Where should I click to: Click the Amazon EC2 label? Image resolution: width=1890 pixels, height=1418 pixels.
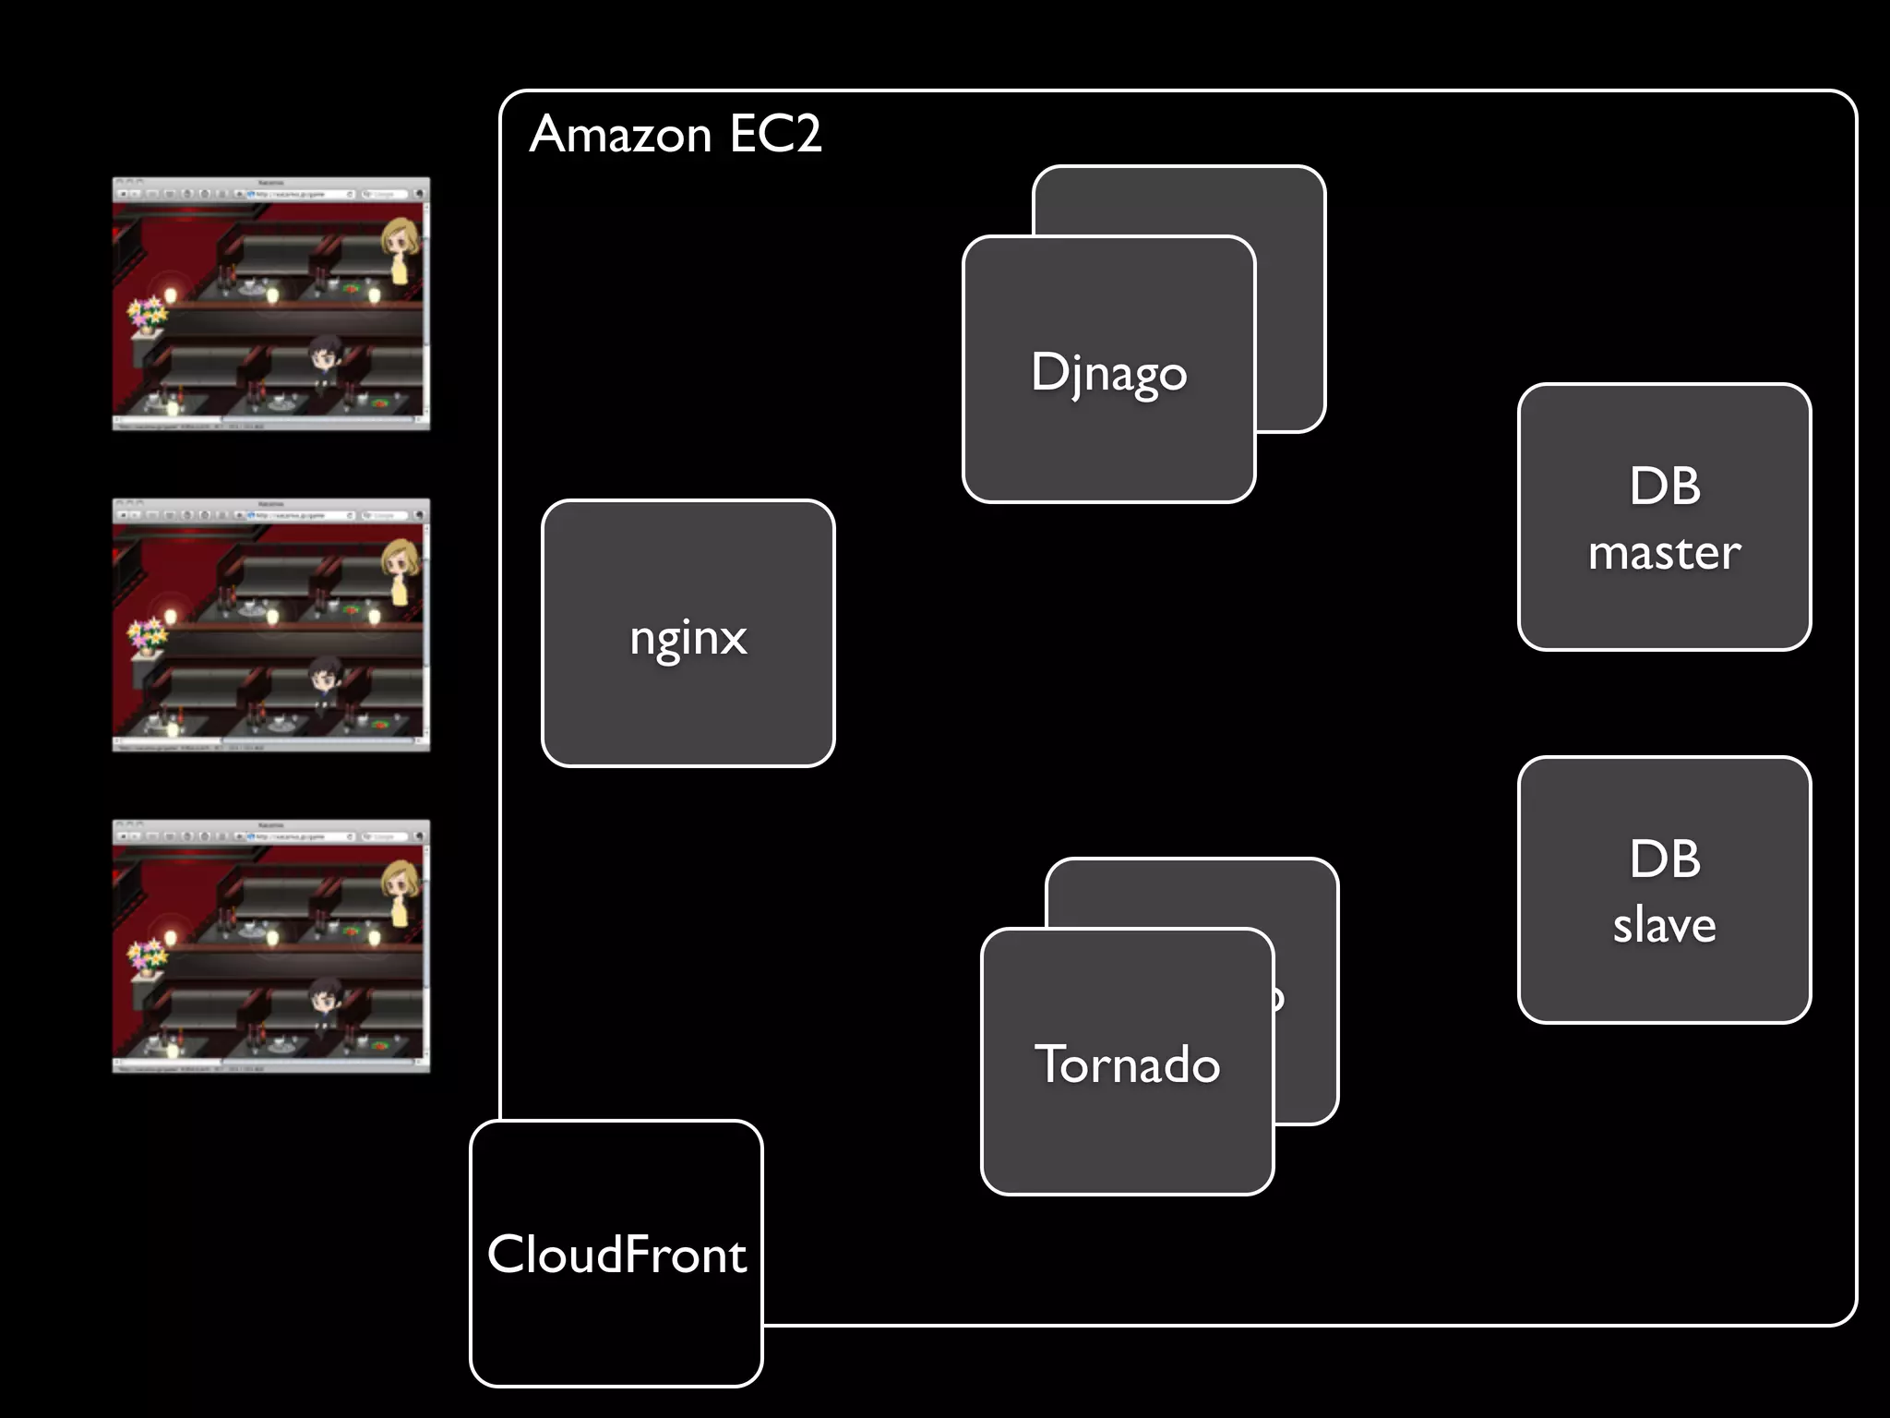675,135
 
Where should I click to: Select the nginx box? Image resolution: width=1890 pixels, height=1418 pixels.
688,633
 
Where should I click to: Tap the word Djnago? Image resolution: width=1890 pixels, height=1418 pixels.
1108,372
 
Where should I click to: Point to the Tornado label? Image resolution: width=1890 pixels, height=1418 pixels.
1127,1063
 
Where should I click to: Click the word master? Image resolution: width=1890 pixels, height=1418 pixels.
1664,552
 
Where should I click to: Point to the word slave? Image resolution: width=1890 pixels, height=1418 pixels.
1664,925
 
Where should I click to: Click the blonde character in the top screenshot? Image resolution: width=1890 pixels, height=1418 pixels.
400,249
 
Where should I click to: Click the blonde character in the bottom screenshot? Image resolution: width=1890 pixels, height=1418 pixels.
400,891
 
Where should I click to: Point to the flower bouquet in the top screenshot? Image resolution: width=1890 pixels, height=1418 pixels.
148,314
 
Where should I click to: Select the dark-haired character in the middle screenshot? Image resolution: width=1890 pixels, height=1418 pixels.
324,682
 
